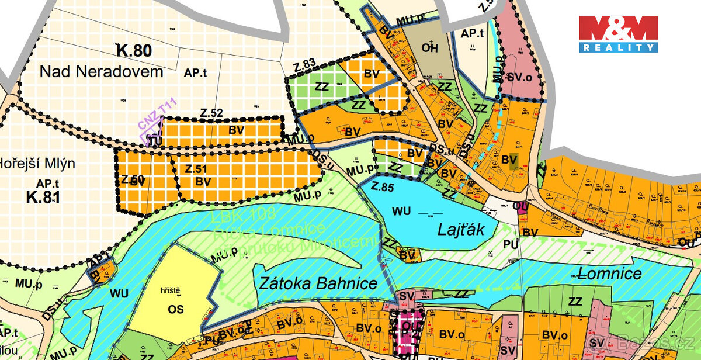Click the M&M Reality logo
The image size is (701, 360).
tap(619, 34)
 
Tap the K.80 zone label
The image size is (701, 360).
tap(134, 51)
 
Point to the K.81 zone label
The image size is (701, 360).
tap(43, 196)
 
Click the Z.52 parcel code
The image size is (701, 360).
tap(211, 113)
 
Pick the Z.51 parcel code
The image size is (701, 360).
tap(197, 169)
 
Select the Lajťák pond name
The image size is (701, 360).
tap(461, 230)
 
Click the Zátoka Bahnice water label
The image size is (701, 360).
tap(317, 283)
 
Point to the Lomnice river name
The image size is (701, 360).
tap(608, 273)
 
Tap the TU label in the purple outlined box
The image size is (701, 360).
tap(153, 141)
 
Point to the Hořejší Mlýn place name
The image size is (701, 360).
tap(37, 164)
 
